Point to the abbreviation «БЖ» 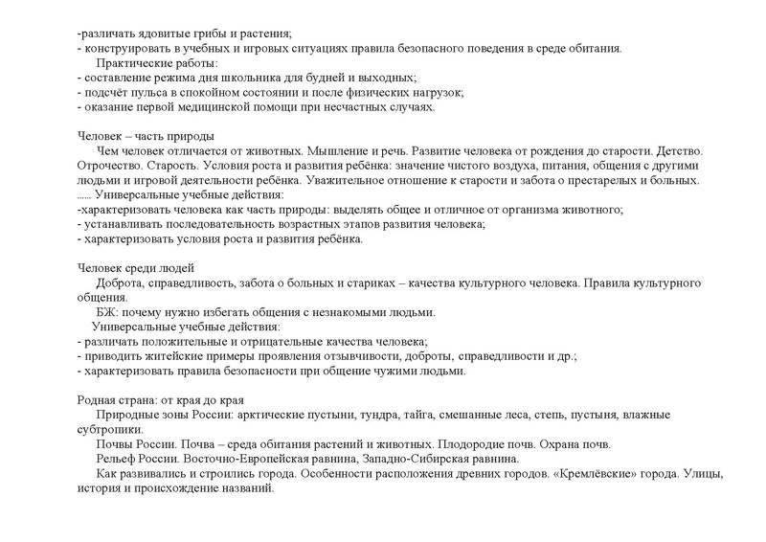[107, 312]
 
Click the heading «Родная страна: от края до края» [159, 400]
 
